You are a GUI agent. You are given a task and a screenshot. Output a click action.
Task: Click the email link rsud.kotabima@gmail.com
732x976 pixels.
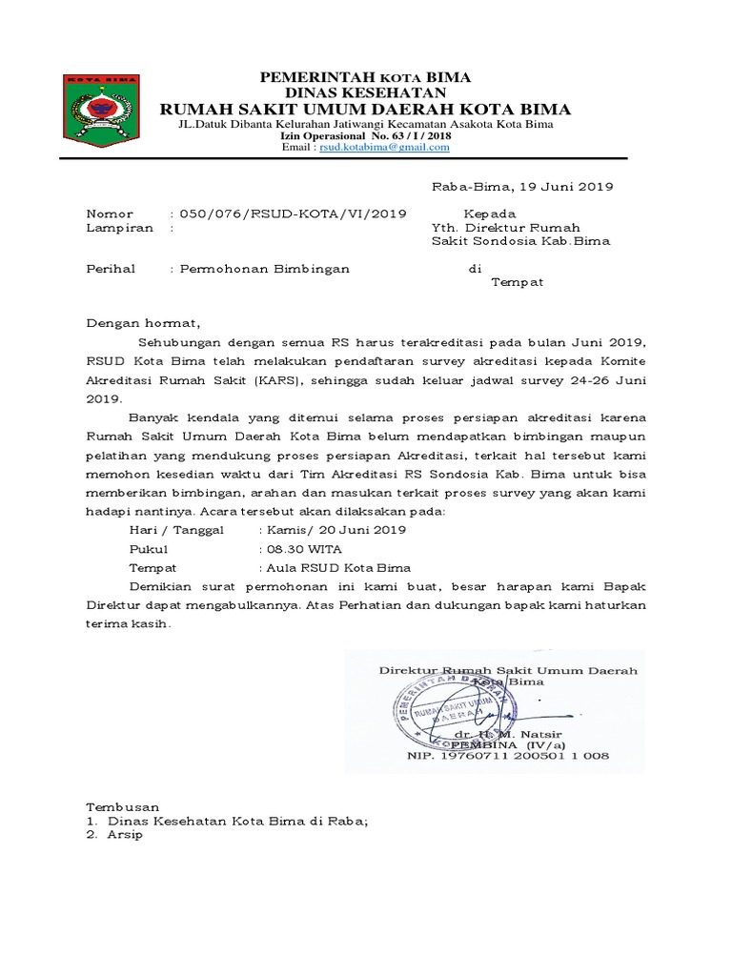(x=384, y=148)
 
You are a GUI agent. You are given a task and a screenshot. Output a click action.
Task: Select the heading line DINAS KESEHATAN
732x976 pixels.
(x=365, y=92)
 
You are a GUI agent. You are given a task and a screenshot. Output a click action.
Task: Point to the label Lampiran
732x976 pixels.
(x=119, y=229)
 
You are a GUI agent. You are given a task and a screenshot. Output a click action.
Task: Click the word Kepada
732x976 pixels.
(x=489, y=214)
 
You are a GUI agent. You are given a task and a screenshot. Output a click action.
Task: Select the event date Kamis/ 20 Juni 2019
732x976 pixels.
(x=335, y=529)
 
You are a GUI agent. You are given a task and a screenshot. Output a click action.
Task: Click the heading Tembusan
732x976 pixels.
(x=123, y=806)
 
